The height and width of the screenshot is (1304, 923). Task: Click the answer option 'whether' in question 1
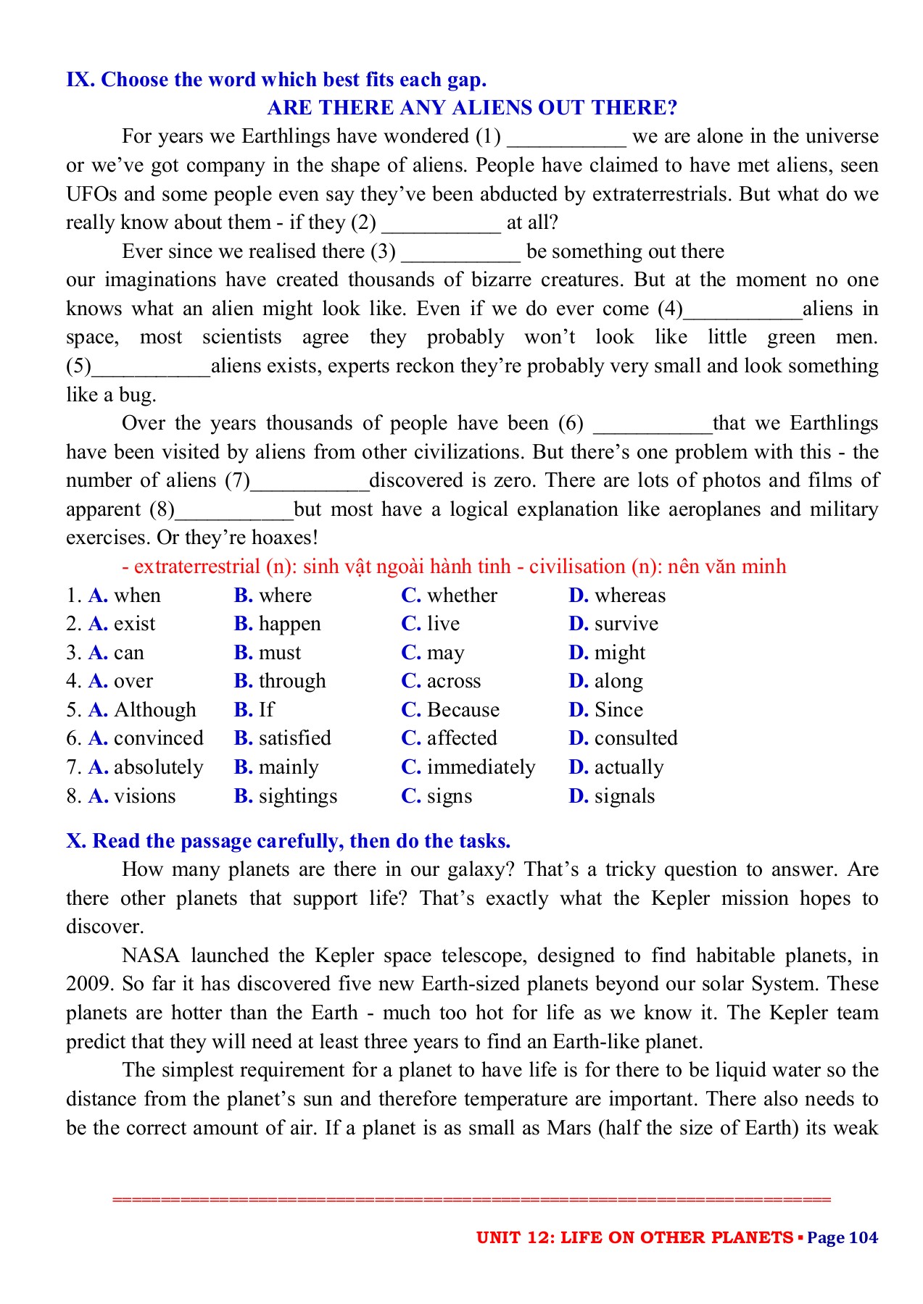(x=462, y=595)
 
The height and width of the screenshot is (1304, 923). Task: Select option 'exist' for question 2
(x=134, y=624)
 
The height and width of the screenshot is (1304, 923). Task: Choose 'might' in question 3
(x=619, y=653)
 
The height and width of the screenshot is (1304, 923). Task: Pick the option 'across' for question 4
(x=453, y=681)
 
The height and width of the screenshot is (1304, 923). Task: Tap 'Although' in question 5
(x=154, y=710)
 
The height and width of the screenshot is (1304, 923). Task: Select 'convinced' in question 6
(x=158, y=738)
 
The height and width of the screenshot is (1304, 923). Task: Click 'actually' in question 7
(x=629, y=767)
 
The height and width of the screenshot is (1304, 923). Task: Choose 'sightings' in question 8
(x=297, y=796)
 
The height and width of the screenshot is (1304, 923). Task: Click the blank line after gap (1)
(x=566, y=138)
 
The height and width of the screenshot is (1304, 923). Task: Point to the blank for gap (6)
(x=653, y=425)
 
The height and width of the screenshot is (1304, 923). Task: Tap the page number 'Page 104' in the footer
(x=842, y=1237)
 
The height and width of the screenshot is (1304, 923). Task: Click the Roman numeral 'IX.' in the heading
(x=80, y=80)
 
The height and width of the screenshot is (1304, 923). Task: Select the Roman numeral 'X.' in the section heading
(x=75, y=841)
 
